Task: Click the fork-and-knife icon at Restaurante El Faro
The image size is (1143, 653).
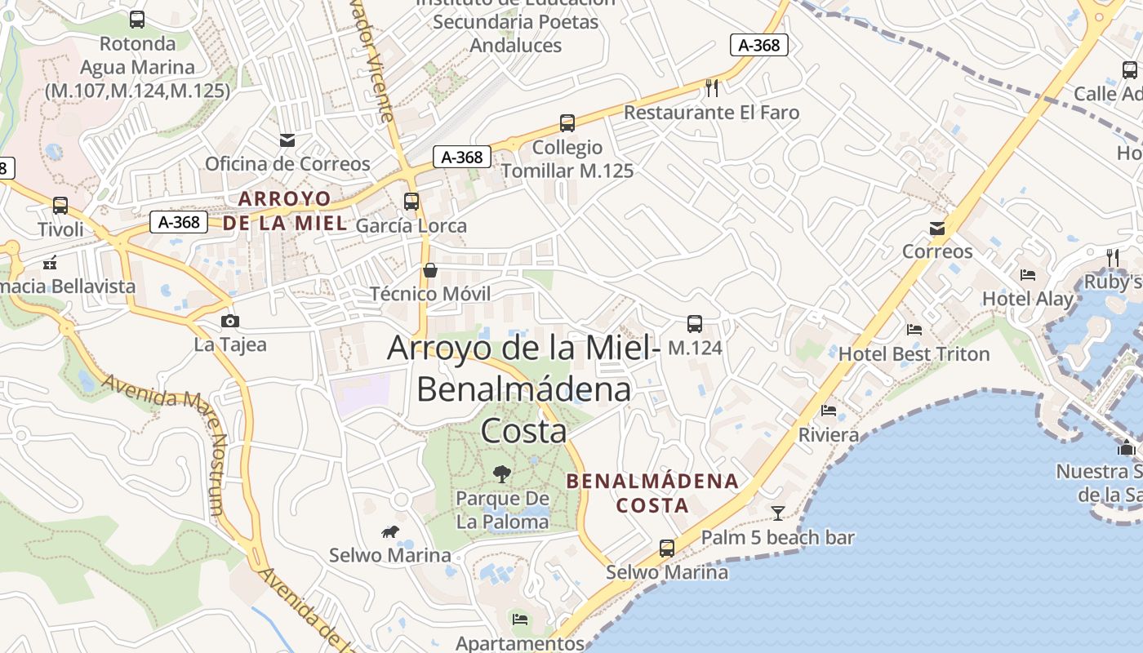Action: click(712, 87)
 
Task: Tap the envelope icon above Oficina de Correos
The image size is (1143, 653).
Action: click(287, 140)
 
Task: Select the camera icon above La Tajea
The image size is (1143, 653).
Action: click(230, 321)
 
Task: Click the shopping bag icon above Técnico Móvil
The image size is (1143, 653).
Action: click(430, 270)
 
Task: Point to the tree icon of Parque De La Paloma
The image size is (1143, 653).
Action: click(502, 473)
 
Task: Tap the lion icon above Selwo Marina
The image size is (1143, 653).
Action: click(390, 532)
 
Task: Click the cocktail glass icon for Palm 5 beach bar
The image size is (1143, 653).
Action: click(778, 513)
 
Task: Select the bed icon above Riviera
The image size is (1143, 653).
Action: click(829, 411)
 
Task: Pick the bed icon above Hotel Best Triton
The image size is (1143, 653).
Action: click(914, 330)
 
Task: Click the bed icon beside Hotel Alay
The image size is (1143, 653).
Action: click(1028, 275)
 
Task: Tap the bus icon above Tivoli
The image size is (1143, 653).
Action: click(60, 206)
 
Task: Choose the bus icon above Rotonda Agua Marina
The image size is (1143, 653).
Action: click(137, 20)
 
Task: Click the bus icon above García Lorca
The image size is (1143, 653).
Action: click(411, 201)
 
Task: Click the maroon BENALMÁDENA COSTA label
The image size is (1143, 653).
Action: click(652, 493)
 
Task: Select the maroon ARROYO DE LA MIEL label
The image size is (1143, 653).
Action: click(285, 211)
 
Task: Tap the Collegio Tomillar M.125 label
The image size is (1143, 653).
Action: click(567, 159)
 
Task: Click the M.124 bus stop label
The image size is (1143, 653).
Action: click(695, 348)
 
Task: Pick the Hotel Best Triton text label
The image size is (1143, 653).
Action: click(914, 354)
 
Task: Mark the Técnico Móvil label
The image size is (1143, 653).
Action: click(430, 294)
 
